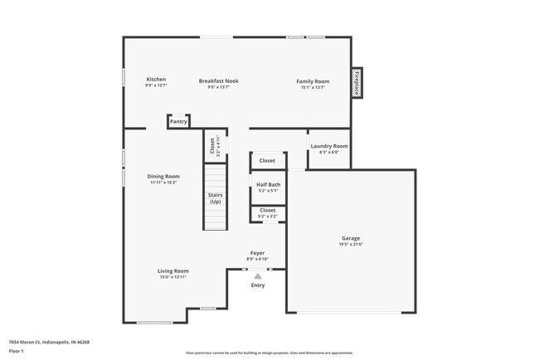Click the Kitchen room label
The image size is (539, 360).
(157, 80)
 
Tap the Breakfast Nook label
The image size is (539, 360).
(219, 80)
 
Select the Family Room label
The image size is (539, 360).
(313, 80)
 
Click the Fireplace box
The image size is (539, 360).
(357, 83)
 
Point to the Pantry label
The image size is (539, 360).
(178, 121)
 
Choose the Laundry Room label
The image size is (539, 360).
(329, 146)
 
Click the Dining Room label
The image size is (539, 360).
(163, 176)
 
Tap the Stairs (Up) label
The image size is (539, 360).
(216, 198)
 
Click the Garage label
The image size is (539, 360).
(351, 238)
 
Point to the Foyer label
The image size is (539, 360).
(257, 252)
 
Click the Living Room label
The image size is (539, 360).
(173, 270)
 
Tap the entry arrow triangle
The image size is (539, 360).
(258, 275)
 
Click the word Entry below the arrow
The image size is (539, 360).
(258, 286)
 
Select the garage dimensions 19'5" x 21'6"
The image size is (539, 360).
(351, 245)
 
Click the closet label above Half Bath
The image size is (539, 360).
(267, 161)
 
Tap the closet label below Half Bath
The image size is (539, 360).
(268, 211)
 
